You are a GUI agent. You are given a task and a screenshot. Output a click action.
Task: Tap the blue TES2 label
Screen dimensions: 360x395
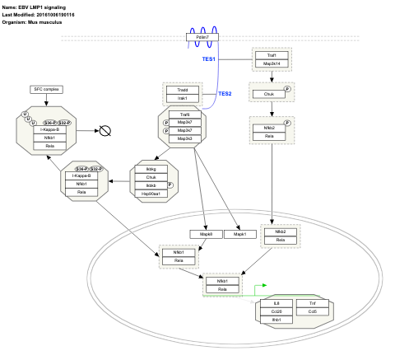click(x=225, y=94)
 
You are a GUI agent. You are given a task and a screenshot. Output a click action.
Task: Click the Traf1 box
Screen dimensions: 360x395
click(x=272, y=54)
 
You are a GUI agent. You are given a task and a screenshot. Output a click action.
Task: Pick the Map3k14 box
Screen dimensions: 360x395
click(x=272, y=63)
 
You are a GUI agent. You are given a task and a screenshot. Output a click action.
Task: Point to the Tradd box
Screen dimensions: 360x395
click(x=184, y=89)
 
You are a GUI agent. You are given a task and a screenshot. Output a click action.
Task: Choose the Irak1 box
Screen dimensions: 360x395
click(x=184, y=98)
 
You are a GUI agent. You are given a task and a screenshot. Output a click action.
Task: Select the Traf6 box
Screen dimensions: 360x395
click(x=184, y=115)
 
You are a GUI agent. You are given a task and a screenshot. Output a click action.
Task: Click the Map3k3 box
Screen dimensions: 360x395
click(x=184, y=139)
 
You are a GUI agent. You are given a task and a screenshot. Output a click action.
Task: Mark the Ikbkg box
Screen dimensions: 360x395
click(x=151, y=168)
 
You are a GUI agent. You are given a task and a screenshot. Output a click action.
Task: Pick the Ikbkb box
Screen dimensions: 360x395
click(x=151, y=185)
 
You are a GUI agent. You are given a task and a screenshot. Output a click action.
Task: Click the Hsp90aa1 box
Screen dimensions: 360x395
click(x=151, y=194)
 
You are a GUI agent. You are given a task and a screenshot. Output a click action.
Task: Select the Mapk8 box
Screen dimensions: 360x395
click(x=207, y=235)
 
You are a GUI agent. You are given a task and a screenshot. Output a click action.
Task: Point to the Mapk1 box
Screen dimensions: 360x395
click(x=239, y=235)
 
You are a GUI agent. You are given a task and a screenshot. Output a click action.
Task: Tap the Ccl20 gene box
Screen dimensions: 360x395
click(x=276, y=311)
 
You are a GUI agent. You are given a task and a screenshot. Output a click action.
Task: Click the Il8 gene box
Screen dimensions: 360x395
click(x=276, y=303)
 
